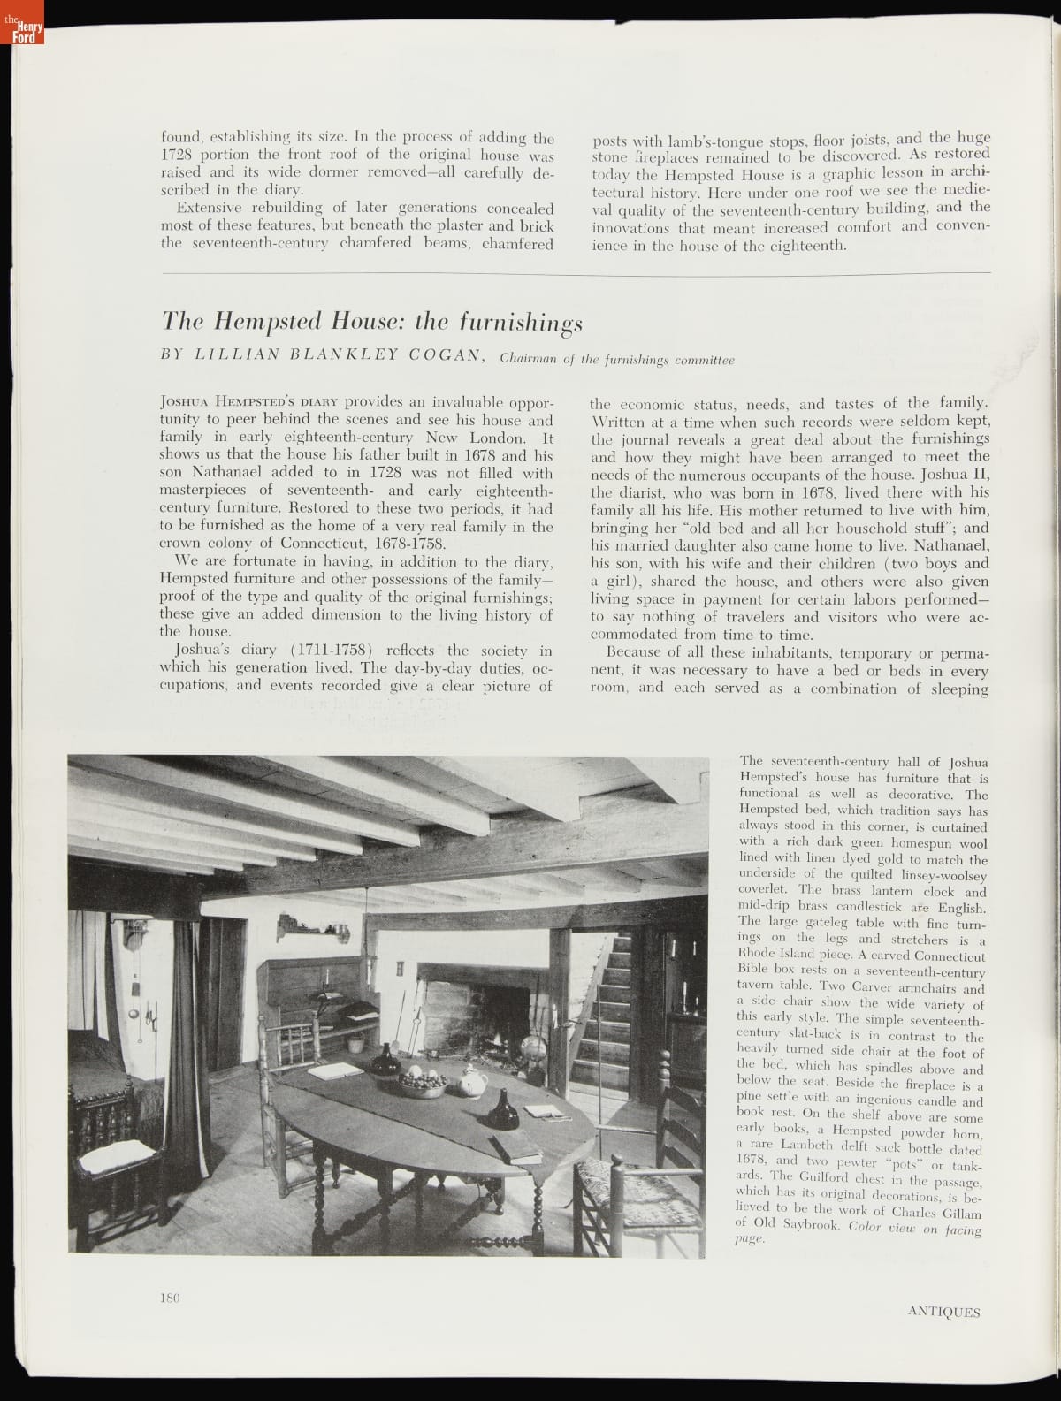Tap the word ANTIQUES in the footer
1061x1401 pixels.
943,1311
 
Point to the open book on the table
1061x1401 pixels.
335,1070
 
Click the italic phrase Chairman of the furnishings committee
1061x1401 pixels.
616,360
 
